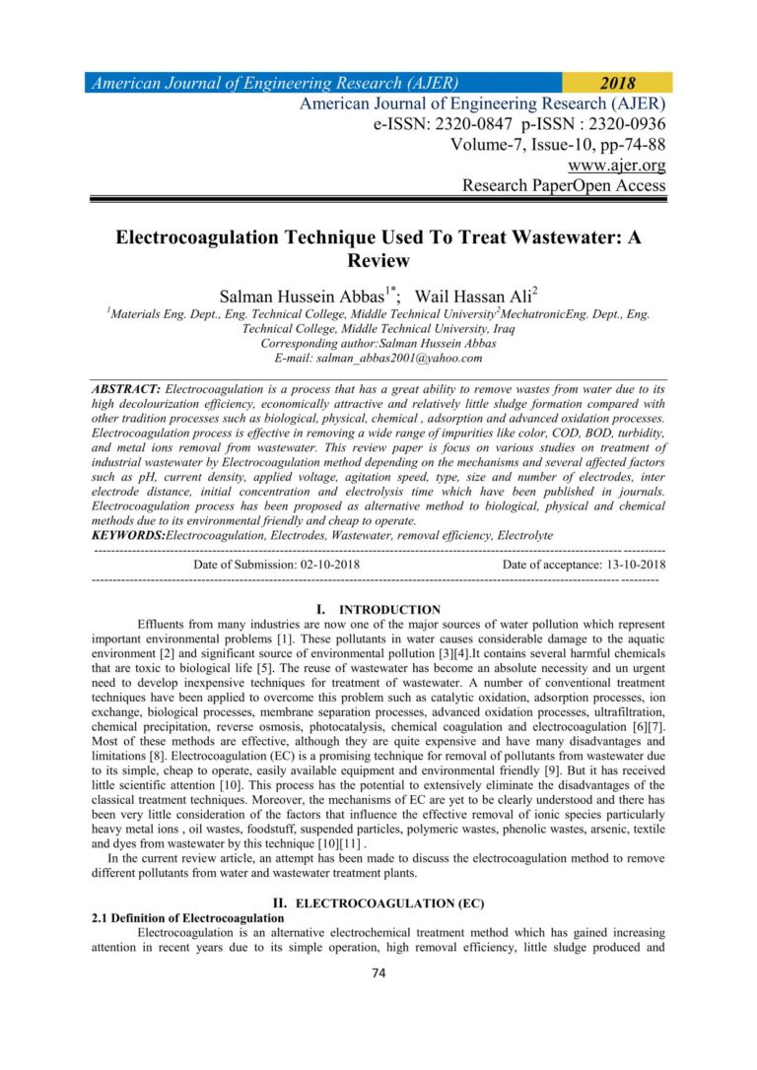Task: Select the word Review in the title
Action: [x=378, y=261]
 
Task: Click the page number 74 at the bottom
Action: [x=378, y=975]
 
